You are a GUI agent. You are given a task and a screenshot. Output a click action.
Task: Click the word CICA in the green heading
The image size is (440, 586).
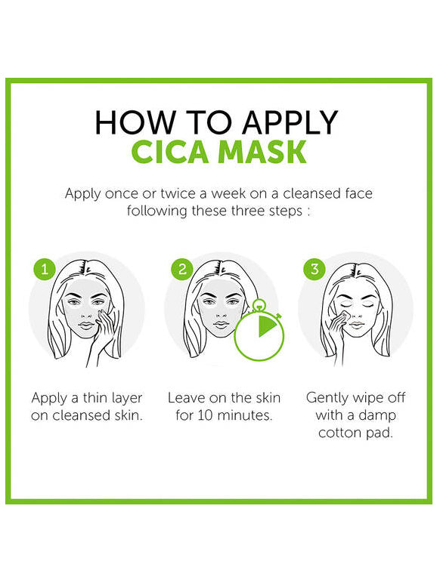coord(169,152)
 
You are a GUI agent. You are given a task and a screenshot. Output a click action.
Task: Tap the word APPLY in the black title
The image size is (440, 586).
coord(290,122)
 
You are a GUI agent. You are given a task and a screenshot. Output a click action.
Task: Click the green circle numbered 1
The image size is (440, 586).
coord(45,269)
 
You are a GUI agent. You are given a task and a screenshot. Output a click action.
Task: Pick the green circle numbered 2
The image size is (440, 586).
coord(182,269)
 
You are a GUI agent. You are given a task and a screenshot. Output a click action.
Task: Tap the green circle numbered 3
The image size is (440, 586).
coord(315,269)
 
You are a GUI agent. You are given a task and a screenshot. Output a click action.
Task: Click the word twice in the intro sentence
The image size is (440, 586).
coord(178,193)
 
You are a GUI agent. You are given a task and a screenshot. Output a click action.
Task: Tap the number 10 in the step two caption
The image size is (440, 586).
coord(206,415)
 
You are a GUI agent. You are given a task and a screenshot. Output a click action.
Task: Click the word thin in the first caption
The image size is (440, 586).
coord(96,398)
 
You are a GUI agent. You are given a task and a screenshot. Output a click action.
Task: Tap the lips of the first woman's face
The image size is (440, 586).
coord(86,325)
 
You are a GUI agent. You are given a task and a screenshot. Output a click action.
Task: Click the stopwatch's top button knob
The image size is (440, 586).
coord(257,305)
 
